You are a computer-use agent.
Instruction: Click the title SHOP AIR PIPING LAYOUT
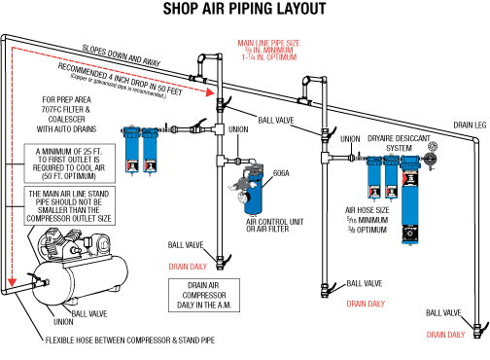[244, 12]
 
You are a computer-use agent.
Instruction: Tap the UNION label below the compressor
[63, 321]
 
